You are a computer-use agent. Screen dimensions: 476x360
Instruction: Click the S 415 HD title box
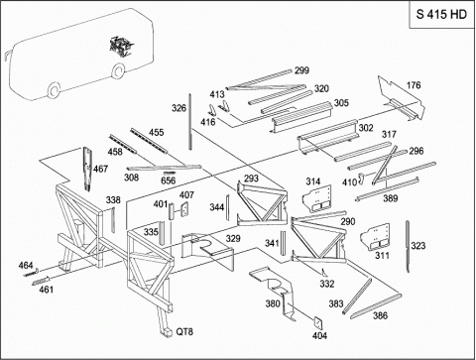pyautogui.click(x=442, y=14)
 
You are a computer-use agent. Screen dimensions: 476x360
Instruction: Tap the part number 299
pyautogui.click(x=301, y=70)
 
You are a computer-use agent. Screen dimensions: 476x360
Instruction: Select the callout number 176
pyautogui.click(x=414, y=85)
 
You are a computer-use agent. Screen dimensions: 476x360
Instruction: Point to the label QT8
pyautogui.click(x=184, y=331)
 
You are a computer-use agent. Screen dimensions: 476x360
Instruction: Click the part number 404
pyautogui.click(x=319, y=335)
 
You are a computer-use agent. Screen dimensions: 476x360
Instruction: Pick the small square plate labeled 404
pyautogui.click(x=318, y=322)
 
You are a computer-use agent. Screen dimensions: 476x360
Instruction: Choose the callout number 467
pyautogui.click(x=100, y=169)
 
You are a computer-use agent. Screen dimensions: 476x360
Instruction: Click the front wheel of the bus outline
pyautogui.click(x=54, y=90)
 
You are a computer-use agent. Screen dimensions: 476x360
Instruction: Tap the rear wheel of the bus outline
pyautogui.click(x=118, y=70)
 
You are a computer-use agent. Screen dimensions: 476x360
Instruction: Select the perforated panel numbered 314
pyautogui.click(x=317, y=197)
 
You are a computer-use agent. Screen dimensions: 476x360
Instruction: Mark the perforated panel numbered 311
pyautogui.click(x=375, y=237)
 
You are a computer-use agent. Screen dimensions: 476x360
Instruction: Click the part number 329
pyautogui.click(x=233, y=239)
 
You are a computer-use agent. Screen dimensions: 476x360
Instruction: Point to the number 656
pyautogui.click(x=169, y=180)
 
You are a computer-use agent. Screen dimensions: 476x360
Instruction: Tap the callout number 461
pyautogui.click(x=47, y=290)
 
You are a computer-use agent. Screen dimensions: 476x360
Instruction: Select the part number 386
pyautogui.click(x=380, y=315)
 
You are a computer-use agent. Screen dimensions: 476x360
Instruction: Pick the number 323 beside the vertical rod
pyautogui.click(x=418, y=246)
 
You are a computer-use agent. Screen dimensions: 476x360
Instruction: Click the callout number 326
pyautogui.click(x=178, y=108)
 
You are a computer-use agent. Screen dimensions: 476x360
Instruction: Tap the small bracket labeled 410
pyautogui.click(x=361, y=178)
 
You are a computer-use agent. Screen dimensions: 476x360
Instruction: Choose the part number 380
pyautogui.click(x=273, y=303)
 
